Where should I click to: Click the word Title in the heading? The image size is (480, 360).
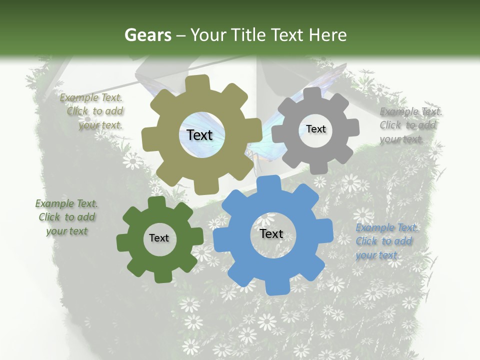click(249, 35)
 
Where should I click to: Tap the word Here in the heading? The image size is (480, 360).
click(328, 35)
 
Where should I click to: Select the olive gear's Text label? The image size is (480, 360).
click(199, 135)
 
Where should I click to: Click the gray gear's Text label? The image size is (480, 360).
click(315, 129)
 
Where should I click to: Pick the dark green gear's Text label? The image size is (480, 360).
click(159, 238)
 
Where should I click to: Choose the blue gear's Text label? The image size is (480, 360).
click(271, 233)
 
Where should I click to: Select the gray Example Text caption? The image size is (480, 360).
click(410, 125)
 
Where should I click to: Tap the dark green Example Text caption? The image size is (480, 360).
click(66, 217)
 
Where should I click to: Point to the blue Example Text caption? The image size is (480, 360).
click(386, 241)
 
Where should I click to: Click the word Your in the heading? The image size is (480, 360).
click(209, 35)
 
